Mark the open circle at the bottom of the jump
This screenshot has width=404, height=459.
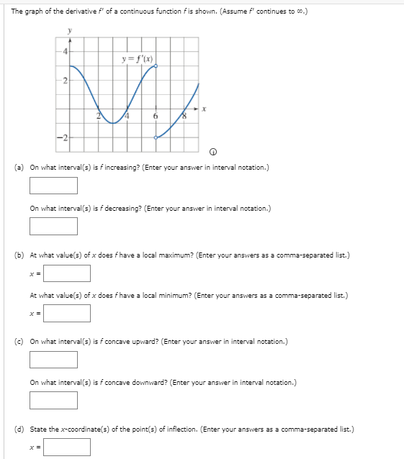(156, 136)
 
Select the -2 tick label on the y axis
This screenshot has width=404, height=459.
(63, 137)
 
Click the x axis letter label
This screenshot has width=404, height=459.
(204, 109)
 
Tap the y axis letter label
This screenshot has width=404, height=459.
(70, 31)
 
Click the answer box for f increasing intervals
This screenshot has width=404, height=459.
(53, 186)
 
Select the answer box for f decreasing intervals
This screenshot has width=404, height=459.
(53, 226)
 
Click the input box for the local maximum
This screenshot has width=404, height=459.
(66, 273)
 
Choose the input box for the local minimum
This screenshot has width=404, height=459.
(66, 313)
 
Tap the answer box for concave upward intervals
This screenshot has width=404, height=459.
(53, 359)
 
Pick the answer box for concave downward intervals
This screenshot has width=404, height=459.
(53, 399)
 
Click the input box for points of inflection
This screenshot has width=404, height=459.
(66, 447)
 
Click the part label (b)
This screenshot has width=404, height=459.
(19, 255)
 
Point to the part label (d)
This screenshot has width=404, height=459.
(19, 429)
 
